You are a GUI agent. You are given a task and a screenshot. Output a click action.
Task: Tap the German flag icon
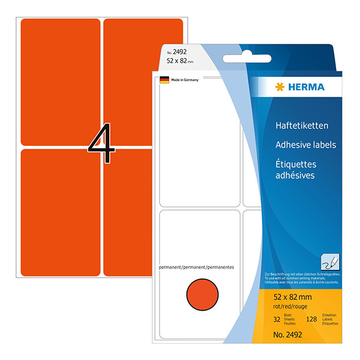tap(164, 80)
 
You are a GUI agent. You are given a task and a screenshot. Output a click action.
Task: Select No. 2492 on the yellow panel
tap(286, 337)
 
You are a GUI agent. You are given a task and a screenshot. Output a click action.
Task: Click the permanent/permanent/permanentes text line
tap(196, 265)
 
